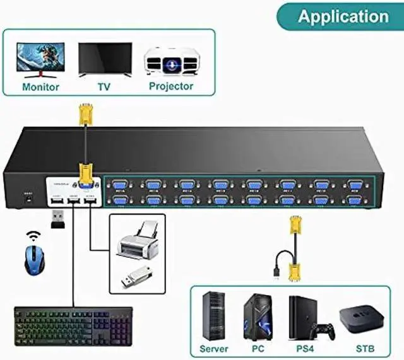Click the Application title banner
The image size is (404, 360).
(x=343, y=16)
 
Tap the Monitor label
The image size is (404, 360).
(x=40, y=86)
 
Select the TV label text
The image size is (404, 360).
(x=104, y=86)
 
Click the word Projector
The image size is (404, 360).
(x=171, y=86)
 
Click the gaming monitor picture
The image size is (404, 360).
(x=40, y=59)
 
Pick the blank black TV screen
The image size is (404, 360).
(x=105, y=58)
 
